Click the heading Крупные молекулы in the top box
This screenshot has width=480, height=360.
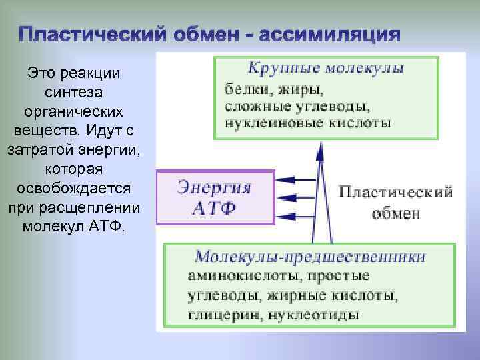[326, 69]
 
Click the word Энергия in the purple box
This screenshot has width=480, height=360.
[215, 187]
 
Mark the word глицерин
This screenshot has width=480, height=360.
[215, 313]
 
